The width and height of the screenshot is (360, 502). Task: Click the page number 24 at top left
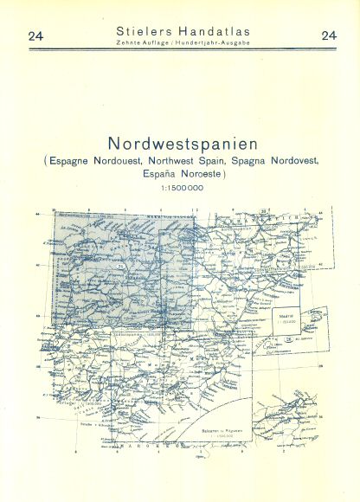point(35,35)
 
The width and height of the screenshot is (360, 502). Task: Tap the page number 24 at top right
point(329,35)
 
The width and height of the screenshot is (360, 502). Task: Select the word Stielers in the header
point(142,31)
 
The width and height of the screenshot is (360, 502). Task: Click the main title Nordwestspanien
point(180,144)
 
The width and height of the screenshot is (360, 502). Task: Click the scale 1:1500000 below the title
point(180,189)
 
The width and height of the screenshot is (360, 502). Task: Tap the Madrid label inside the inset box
point(291,318)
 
